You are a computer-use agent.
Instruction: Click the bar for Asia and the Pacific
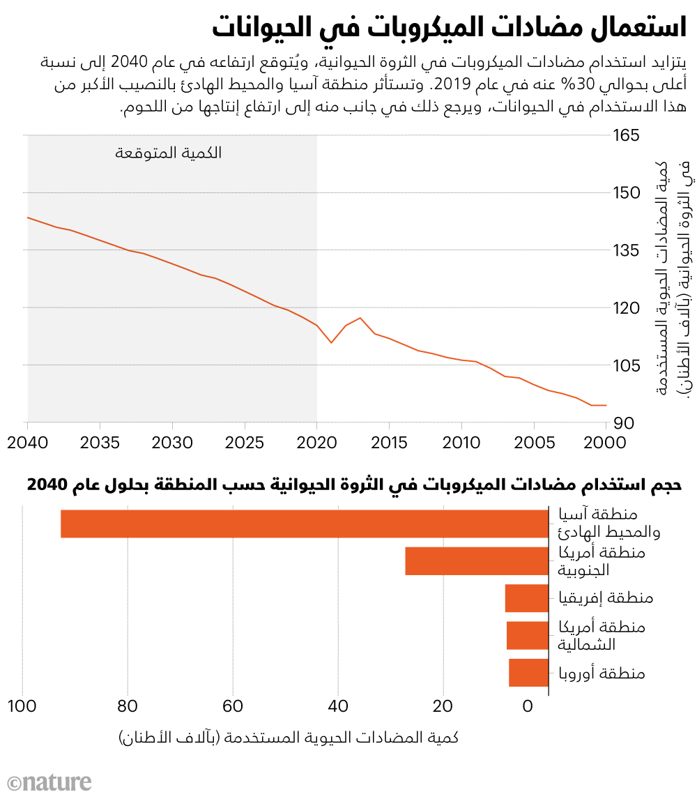pos(305,524)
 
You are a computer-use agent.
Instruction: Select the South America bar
pos(477,561)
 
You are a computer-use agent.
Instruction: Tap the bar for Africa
pos(527,598)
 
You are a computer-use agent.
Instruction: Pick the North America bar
pos(528,635)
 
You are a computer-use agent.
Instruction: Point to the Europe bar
pos(528,673)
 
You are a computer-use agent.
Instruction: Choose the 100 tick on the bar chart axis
pos(23,706)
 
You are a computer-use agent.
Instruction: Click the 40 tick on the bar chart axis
pos(337,706)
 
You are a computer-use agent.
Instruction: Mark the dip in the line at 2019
pos(331,342)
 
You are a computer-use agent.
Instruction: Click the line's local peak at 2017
pos(360,318)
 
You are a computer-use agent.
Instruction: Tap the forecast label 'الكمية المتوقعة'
pos(169,153)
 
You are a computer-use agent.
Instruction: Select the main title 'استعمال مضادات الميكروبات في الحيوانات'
pos(450,30)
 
